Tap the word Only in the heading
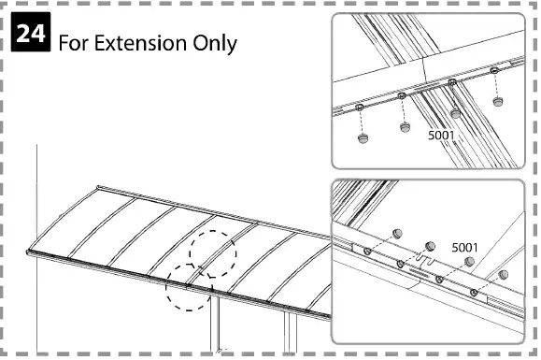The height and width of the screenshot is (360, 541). (214, 43)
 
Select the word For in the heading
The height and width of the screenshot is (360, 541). (76, 43)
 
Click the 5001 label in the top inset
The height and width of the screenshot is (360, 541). (441, 135)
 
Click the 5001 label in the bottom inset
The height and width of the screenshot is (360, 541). (464, 247)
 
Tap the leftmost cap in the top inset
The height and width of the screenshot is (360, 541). (363, 137)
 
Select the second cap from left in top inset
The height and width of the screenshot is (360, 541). (406, 126)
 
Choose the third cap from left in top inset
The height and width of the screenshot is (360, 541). (456, 113)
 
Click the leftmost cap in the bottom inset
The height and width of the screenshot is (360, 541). (396, 230)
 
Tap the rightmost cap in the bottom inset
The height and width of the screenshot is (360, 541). (504, 275)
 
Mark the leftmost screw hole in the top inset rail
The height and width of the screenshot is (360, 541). (358, 108)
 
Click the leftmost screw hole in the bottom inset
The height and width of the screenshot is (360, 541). (368, 252)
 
